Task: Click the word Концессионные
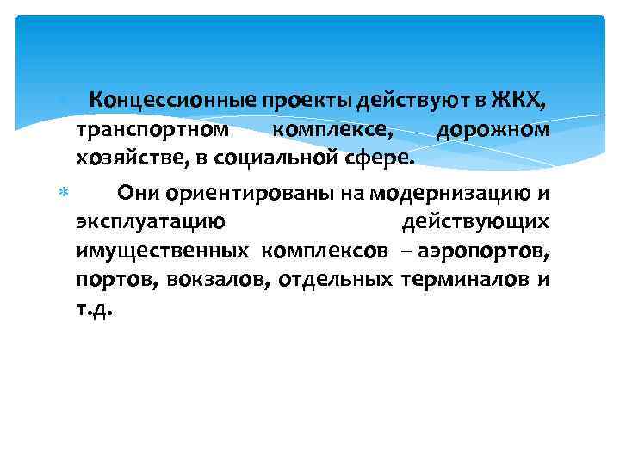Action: pyautogui.click(x=159, y=102)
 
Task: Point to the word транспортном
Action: pyautogui.click(x=152, y=131)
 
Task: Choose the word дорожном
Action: pyautogui.click(x=493, y=131)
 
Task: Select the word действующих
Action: pyautogui.click(x=475, y=221)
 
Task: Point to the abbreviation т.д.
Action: pyautogui.click(x=95, y=308)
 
